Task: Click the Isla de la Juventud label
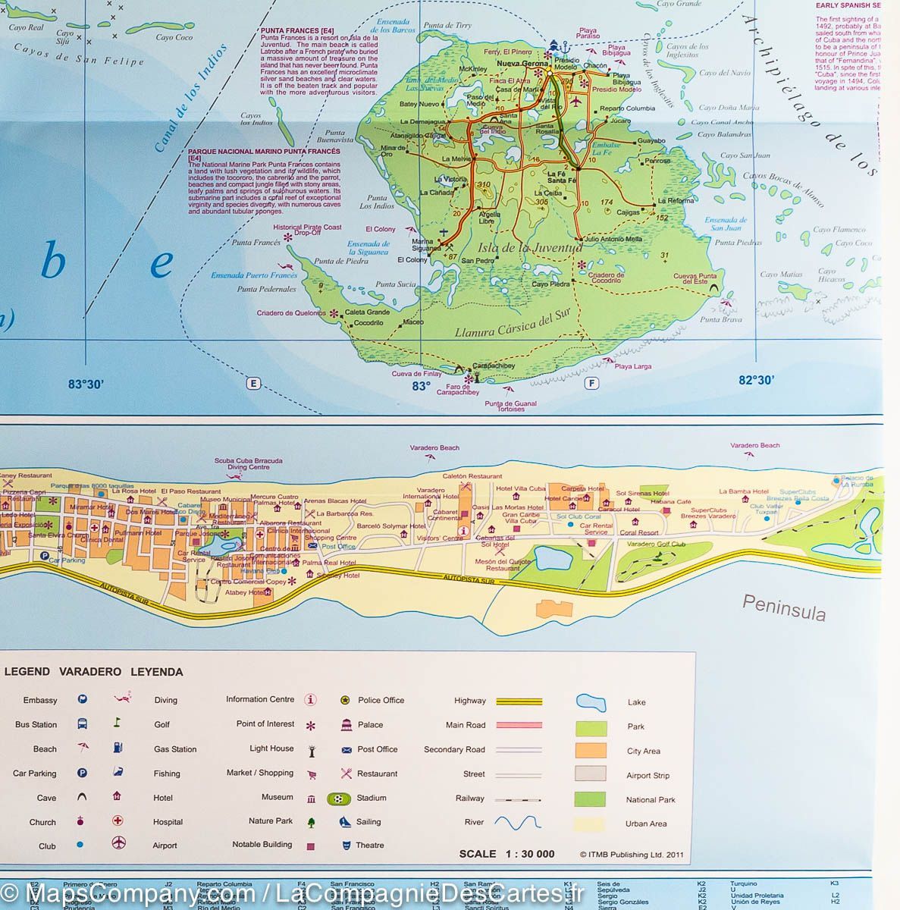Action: pos(530,247)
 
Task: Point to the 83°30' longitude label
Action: pos(86,384)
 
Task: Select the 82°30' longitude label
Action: pos(756,381)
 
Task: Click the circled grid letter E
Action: pos(253,384)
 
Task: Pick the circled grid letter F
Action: pos(591,384)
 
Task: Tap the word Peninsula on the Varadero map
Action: pos(783,608)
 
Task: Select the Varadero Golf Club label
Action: pos(656,544)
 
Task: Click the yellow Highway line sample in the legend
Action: pos(519,701)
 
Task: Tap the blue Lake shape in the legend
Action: pos(591,702)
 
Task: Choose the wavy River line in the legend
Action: pos(518,823)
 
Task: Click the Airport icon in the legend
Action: pos(118,844)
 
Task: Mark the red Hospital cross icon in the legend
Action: pos(118,821)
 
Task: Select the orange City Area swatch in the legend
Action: pos(591,751)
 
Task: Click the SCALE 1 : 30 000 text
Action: pos(506,854)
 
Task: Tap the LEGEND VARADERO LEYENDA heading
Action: pos(94,672)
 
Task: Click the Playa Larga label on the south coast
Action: pos(632,367)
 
